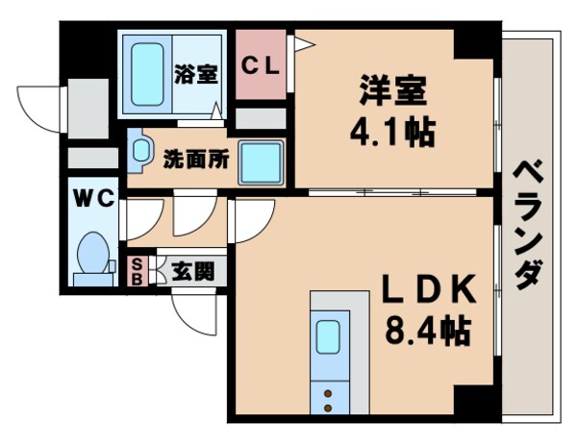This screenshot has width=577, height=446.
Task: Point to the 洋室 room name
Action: click(x=391, y=96)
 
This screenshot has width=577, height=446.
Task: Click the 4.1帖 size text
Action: click(x=392, y=131)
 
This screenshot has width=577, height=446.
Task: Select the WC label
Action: click(x=93, y=199)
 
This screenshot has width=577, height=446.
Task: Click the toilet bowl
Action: click(x=92, y=255)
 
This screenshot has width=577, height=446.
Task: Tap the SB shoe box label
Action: click(x=137, y=271)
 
